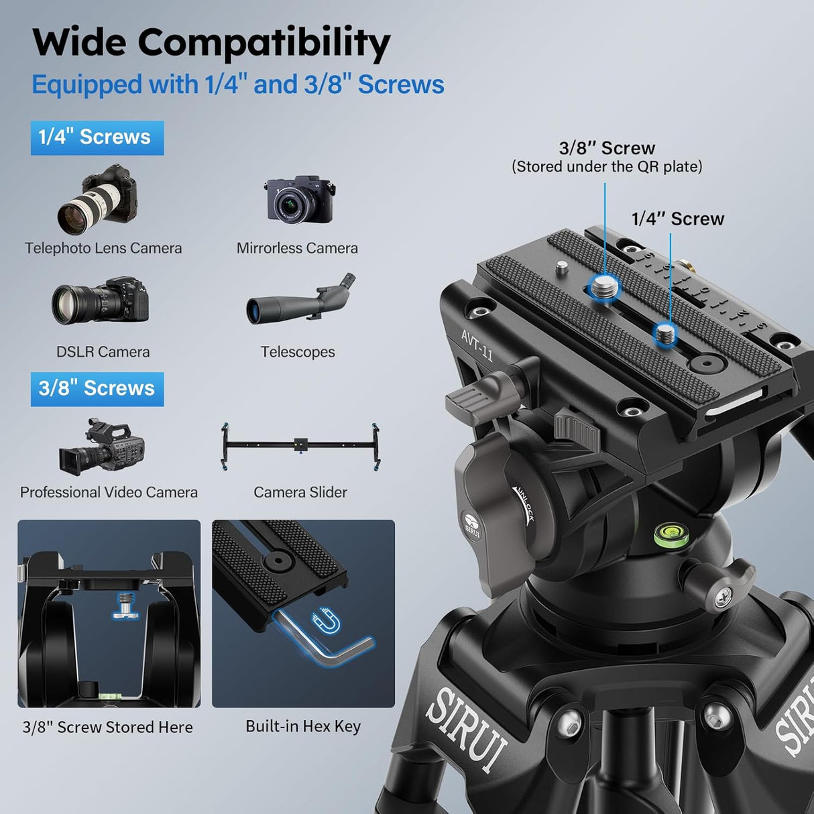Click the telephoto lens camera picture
tap(98, 199)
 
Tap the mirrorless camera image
tap(299, 200)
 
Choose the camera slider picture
tap(300, 447)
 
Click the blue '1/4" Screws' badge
tap(97, 137)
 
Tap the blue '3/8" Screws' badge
tap(97, 389)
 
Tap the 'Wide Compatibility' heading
tap(211, 43)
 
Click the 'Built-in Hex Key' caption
tap(303, 726)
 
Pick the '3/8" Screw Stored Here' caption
tap(108, 727)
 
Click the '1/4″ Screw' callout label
tap(678, 219)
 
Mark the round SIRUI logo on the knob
tap(472, 524)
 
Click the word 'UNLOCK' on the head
tap(524, 505)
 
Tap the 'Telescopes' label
tap(298, 352)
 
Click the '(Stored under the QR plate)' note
tap(607, 167)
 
